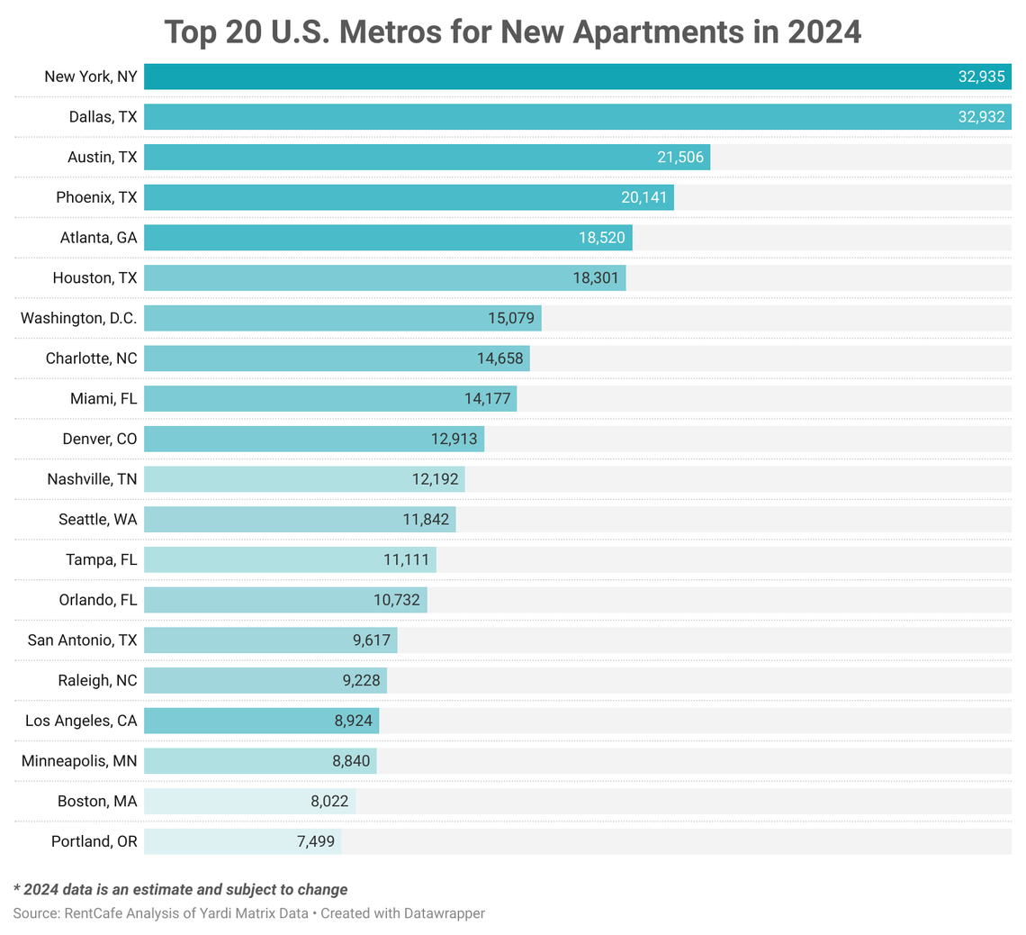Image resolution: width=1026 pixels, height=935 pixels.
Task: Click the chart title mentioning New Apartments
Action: (513, 32)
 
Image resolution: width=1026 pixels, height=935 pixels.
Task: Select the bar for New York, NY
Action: (540, 77)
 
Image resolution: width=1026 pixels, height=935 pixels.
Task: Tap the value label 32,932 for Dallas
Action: (981, 117)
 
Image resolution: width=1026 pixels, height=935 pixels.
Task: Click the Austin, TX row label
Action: (103, 157)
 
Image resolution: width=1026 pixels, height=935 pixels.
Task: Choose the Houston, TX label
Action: (94, 277)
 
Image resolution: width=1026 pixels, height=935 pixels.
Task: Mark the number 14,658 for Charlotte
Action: (499, 359)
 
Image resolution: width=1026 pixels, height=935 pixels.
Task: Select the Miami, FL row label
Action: (104, 398)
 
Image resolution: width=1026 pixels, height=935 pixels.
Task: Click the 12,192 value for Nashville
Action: (436, 479)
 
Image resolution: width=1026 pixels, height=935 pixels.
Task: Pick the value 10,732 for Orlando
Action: (397, 600)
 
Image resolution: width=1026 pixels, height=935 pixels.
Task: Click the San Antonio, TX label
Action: (83, 640)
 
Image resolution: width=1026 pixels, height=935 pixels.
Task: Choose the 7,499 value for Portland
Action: (311, 841)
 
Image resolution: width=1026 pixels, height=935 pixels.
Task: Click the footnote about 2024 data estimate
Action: (180, 889)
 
